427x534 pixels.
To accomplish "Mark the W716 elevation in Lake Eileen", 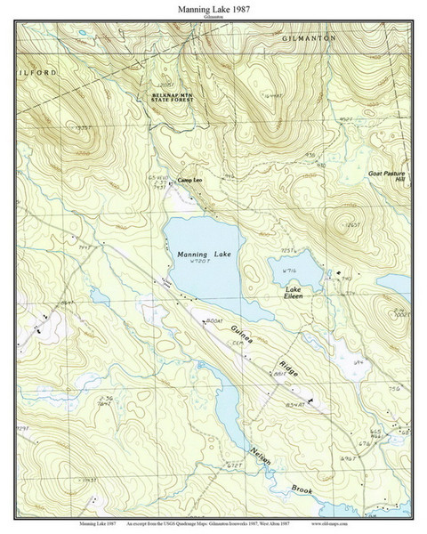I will [288, 271].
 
